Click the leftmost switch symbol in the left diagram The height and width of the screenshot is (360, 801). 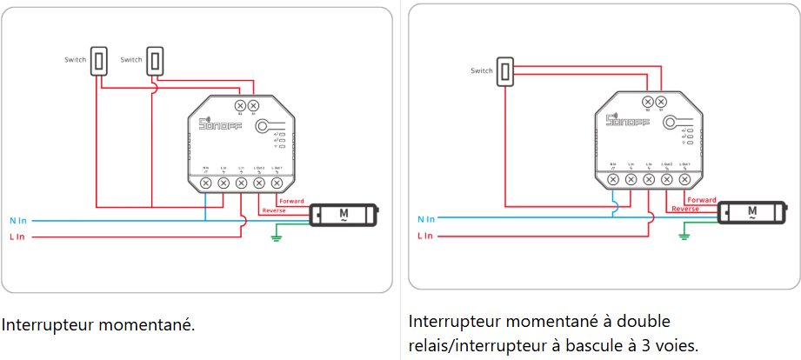pos(99,60)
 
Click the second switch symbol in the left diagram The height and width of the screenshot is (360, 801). pos(155,60)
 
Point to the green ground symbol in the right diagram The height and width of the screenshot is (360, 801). pos(684,233)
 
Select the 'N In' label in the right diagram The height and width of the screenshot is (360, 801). pos(426,219)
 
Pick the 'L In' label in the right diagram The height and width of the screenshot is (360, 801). pos(425,236)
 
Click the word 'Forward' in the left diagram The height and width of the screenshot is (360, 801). pos(291,202)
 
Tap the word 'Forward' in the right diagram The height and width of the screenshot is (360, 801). pos(701,200)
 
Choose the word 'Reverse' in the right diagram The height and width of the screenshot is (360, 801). pos(685,209)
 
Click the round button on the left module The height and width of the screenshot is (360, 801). pos(263,127)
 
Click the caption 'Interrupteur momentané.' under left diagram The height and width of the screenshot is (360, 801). pos(98,325)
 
